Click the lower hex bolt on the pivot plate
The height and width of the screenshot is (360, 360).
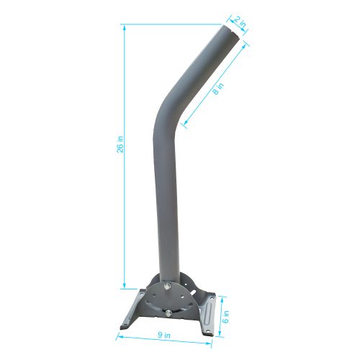(x=167, y=312)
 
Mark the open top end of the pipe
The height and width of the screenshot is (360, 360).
(x=230, y=32)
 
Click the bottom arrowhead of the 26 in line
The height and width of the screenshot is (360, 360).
(x=125, y=287)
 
